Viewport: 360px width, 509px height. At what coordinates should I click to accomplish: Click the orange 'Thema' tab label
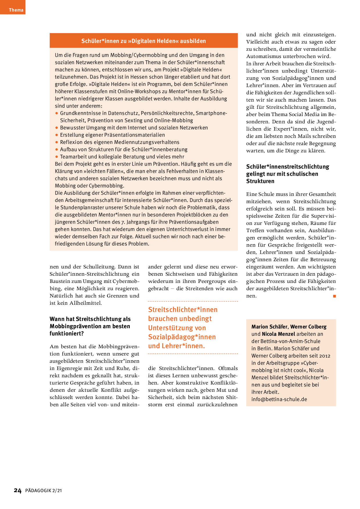pos(16,10)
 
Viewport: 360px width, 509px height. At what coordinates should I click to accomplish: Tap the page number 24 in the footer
pos(18,490)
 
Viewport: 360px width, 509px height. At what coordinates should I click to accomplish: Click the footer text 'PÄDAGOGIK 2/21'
pos(44,491)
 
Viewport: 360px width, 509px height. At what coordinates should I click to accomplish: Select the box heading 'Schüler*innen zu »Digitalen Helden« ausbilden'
pos(143,41)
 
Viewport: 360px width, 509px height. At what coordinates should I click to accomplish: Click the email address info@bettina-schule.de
pos(279,399)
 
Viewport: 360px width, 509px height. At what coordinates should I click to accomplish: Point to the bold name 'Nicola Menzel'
pos(278,334)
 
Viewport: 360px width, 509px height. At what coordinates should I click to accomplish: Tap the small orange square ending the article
pos(334,296)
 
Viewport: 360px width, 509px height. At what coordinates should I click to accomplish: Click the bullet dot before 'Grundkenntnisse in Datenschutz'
pos(57,113)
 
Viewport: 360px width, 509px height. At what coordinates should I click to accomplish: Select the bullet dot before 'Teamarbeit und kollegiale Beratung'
pos(57,157)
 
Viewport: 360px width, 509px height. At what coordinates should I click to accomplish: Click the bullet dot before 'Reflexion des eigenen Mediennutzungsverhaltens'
pos(57,142)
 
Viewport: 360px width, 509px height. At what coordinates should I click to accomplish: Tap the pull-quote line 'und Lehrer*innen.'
pos(177,346)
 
